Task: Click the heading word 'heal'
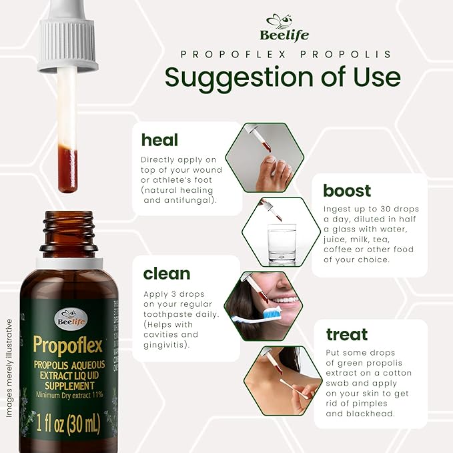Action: pos(159,139)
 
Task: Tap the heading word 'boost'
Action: pos(347,191)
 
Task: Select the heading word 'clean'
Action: pos(166,274)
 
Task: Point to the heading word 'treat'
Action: pos(346,334)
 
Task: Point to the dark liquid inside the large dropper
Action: pos(67,169)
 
